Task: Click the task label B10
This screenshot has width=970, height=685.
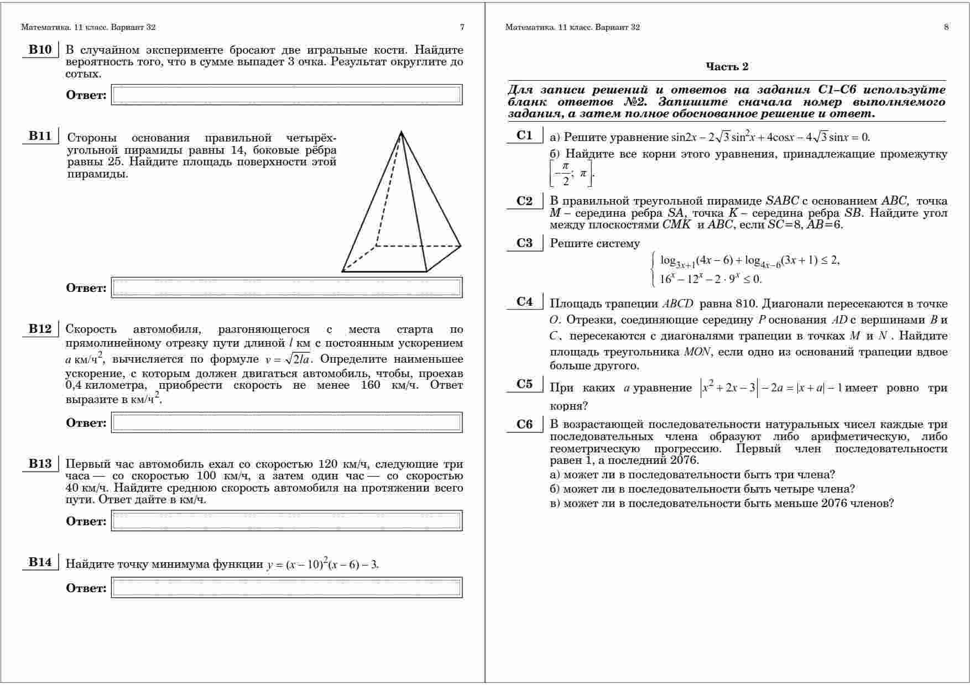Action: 39,50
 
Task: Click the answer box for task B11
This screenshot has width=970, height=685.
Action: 286,287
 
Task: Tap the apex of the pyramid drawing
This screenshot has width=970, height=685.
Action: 401,132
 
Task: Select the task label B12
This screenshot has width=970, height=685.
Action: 39,329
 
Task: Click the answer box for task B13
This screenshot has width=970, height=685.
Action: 286,521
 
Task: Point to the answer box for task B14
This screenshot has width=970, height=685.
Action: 286,588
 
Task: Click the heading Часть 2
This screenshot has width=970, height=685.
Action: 727,67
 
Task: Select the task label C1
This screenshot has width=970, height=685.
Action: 524,135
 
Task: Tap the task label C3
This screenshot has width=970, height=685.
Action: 524,243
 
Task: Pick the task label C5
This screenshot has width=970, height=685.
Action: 524,384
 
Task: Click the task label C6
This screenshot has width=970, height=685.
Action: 524,425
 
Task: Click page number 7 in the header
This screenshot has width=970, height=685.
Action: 462,27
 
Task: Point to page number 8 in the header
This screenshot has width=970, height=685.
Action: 946,27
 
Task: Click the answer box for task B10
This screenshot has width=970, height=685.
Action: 286,95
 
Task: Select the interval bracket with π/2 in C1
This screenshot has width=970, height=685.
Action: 572,174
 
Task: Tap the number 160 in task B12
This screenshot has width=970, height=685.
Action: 370,385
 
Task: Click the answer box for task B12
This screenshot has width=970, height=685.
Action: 286,422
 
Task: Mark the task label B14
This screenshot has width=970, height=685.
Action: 39,562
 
